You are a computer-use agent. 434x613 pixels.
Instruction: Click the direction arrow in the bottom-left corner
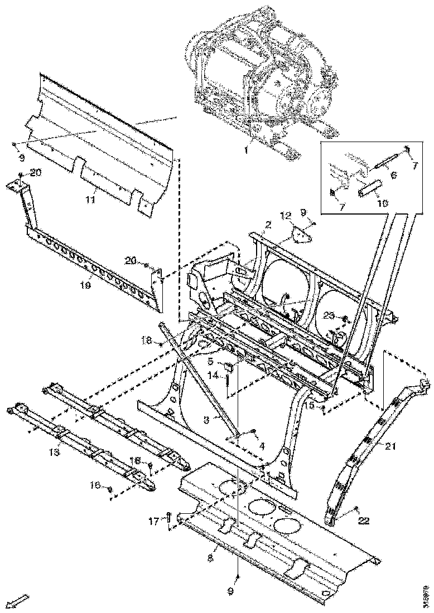(x=20, y=601)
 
